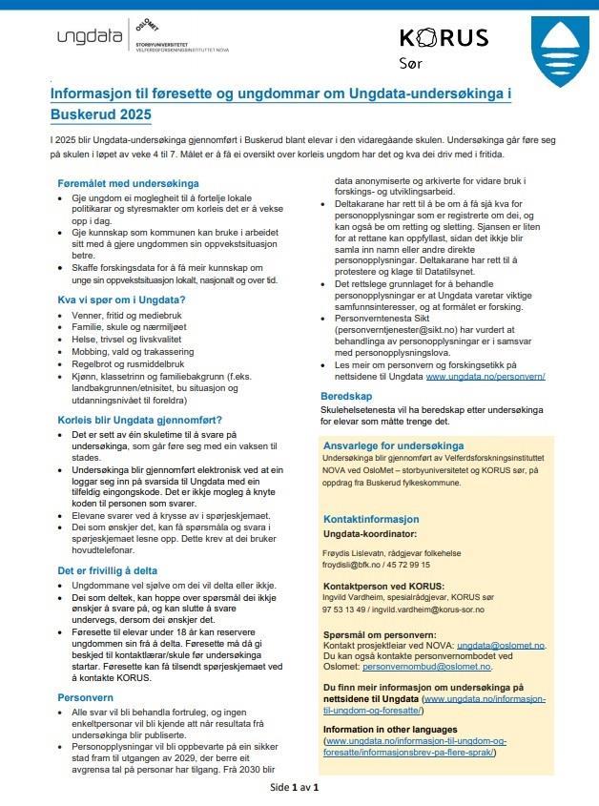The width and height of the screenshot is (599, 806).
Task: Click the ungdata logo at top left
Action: click(90, 38)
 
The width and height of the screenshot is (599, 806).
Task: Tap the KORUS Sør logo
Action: click(443, 47)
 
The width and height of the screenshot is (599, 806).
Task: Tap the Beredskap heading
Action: click(346, 395)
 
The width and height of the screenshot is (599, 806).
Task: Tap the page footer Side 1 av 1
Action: click(294, 787)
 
